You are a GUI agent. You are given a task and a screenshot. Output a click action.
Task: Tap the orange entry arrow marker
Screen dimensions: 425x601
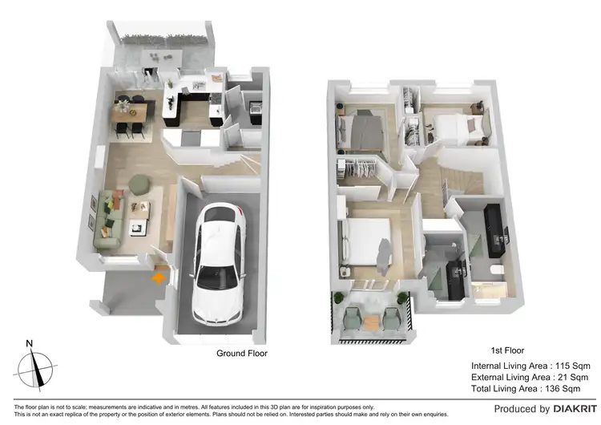coord(159,277)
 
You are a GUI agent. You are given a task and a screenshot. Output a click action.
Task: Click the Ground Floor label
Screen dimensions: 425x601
coord(242,353)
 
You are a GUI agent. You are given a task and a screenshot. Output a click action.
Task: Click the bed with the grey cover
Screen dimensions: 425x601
coord(365,130)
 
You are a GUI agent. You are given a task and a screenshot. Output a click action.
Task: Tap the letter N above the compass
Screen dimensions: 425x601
coord(30,344)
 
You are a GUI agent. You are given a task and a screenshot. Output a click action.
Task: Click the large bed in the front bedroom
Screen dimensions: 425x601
coord(368,241)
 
